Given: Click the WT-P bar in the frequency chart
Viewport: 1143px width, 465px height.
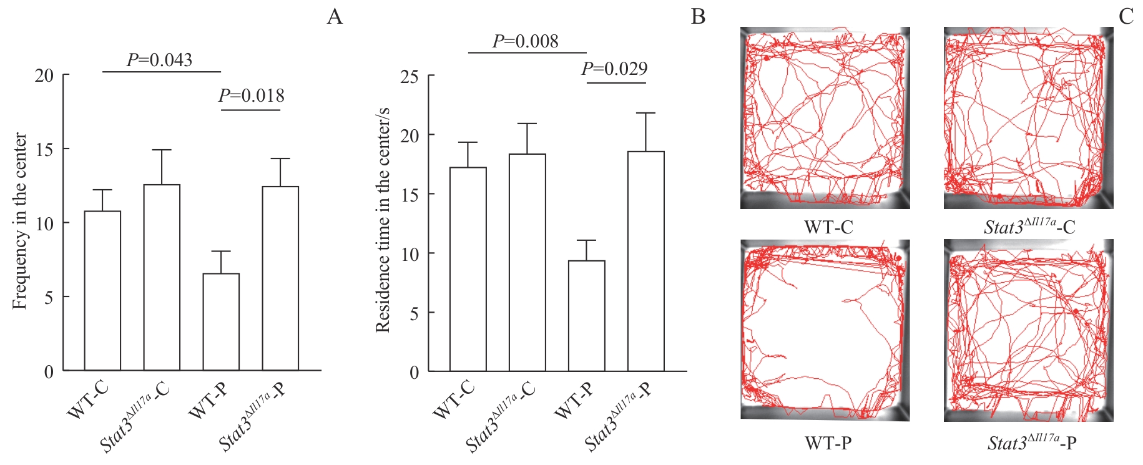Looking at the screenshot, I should point(221,322).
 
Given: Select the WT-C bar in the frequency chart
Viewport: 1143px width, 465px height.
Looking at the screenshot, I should point(102,291).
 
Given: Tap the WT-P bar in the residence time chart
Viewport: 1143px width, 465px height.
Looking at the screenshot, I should point(586,316).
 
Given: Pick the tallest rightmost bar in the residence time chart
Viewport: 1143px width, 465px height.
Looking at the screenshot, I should point(645,262).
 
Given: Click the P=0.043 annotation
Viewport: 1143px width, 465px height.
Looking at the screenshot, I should point(159,60).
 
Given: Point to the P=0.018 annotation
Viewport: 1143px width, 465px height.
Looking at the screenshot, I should point(251,95).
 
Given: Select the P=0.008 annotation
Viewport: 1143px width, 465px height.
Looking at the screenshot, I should point(525,41).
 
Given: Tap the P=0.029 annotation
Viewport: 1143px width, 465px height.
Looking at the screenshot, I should point(614,68).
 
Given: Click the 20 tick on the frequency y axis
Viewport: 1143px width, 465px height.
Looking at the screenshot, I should point(44,76).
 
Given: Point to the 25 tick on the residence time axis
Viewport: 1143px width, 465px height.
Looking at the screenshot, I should point(410,77).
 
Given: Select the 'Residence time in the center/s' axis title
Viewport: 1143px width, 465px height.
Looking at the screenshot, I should point(382,220).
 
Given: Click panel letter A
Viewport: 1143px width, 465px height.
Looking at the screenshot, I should point(335,16).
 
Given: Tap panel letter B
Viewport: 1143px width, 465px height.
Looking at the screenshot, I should point(698,16).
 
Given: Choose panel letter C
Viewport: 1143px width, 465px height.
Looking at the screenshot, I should point(1126,16).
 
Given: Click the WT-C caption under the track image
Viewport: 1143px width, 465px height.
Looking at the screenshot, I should point(828,227).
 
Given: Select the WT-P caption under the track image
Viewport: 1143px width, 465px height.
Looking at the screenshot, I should point(828,443).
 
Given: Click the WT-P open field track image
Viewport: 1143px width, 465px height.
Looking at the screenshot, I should point(825,330).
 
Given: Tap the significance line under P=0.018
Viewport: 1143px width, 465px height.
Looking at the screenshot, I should point(251,110).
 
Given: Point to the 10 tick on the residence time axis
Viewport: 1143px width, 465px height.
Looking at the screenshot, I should point(410,254).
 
